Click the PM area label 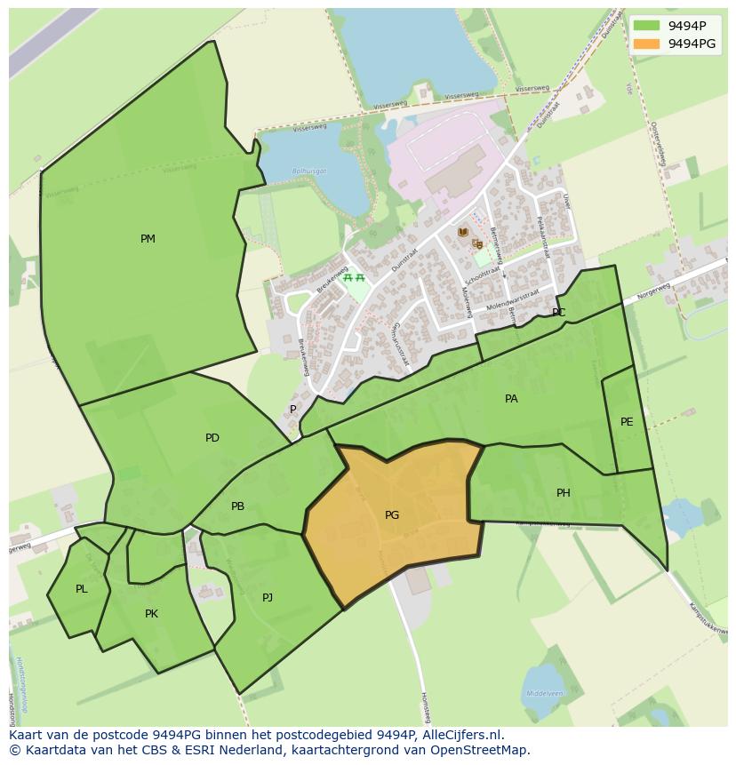148,239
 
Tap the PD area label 212,438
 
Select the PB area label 237,506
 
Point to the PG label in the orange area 392,515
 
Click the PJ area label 268,598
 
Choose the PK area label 151,614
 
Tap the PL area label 82,589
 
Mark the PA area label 511,399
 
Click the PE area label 627,422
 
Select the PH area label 564,493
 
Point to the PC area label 558,313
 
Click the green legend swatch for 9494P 646,26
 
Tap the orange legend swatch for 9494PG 646,44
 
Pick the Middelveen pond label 543,693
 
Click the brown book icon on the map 462,232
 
